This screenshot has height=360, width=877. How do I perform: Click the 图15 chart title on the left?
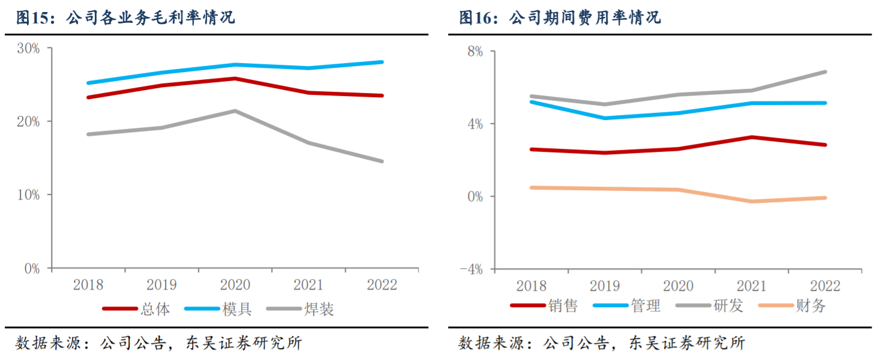[125, 17]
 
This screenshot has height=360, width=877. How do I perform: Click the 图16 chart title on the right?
[560, 17]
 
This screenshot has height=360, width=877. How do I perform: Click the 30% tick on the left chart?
[28, 48]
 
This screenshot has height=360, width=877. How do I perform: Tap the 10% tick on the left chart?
[28, 195]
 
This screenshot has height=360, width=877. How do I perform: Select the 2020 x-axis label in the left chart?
[235, 285]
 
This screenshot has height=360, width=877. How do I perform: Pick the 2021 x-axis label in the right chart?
[752, 285]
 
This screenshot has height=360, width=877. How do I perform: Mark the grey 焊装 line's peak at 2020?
[235, 111]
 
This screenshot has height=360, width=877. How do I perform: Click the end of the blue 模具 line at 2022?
[382, 62]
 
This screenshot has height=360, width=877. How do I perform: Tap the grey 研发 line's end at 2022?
[825, 72]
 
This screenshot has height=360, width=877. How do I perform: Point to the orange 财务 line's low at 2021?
[752, 201]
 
